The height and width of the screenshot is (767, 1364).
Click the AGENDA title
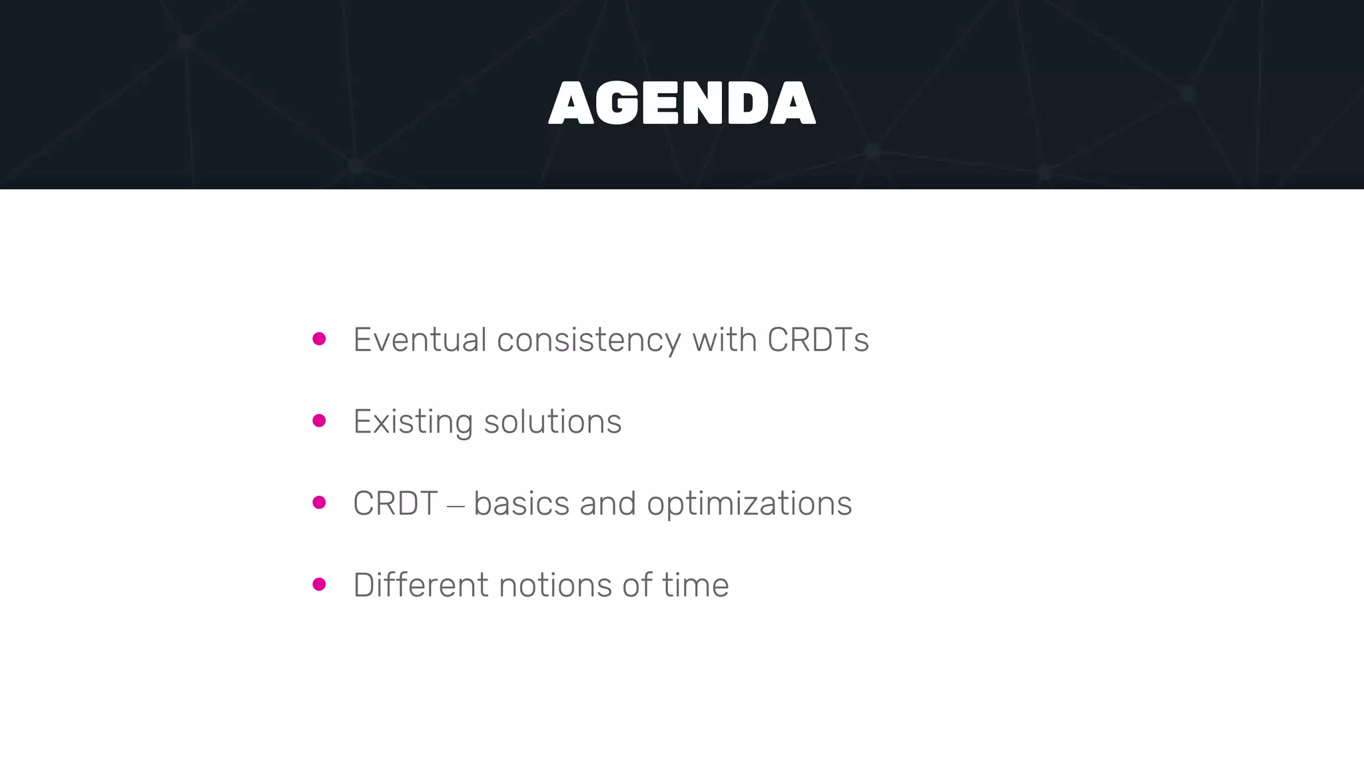pos(682,103)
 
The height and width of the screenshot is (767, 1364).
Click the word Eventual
pos(420,340)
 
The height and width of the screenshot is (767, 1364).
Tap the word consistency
pos(589,341)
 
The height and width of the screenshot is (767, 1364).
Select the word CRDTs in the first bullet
pos(818,340)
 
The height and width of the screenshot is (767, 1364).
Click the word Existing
pos(413,422)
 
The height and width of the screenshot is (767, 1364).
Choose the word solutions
pos(552,422)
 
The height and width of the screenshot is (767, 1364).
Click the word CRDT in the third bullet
pos(395,503)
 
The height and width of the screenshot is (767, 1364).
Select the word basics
pos(521,503)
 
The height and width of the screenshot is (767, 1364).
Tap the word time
pos(695,585)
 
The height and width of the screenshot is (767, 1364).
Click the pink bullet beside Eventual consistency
pos(319,339)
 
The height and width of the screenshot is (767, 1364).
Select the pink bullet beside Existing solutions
pos(319,421)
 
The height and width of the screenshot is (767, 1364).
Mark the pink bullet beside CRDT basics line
pos(319,503)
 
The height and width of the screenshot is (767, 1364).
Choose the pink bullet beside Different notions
pos(319,585)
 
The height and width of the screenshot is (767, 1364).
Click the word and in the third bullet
pos(607,503)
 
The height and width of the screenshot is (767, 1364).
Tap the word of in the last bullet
pos(637,585)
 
